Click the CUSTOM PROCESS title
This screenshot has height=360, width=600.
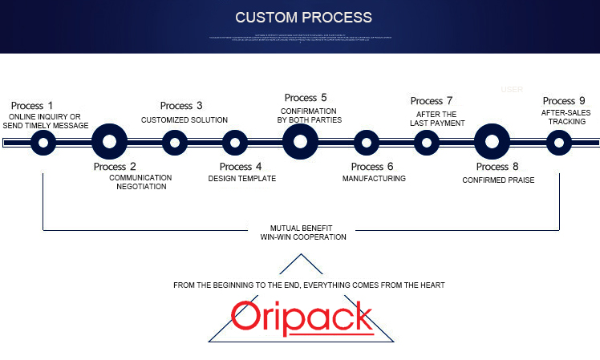pyautogui.click(x=303, y=17)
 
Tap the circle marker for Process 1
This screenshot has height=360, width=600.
pyautogui.click(x=43, y=143)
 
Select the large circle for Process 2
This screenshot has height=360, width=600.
pyautogui.click(x=110, y=143)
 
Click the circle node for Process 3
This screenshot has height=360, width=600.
pyautogui.click(x=175, y=143)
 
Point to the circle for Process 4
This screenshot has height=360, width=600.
pyautogui.click(x=234, y=143)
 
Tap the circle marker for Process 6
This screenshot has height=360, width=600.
pyautogui.click(x=367, y=143)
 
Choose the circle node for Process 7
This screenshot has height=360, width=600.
pyautogui.click(x=427, y=143)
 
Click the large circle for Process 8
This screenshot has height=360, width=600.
pyautogui.click(x=493, y=143)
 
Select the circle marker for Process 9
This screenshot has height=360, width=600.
pyautogui.click(x=558, y=143)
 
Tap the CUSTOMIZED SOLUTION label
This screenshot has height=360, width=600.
pyautogui.click(x=184, y=120)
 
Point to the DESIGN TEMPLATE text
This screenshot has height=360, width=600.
pyautogui.click(x=241, y=179)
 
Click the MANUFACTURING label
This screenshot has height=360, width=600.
pyautogui.click(x=374, y=179)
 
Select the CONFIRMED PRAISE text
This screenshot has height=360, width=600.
pyautogui.click(x=498, y=180)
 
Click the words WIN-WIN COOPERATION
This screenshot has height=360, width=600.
pyautogui.click(x=303, y=237)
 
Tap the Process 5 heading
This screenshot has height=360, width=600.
pyautogui.click(x=306, y=98)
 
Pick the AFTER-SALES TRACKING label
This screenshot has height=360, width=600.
pyautogui.click(x=566, y=117)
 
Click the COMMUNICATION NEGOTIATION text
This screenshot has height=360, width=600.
pyautogui.click(x=140, y=181)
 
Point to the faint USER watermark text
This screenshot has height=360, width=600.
pyautogui.click(x=512, y=89)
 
